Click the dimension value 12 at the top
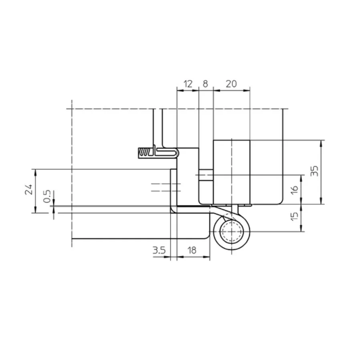pos(188,84)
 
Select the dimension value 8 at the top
pos(205,84)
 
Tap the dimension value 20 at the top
pos(231,84)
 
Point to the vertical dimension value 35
pos(315,171)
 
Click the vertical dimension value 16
pos(294,189)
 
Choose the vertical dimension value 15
pos(294,216)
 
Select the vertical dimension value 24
pos(29,189)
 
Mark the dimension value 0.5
pos(47,196)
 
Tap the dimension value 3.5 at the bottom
pos(159,250)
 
